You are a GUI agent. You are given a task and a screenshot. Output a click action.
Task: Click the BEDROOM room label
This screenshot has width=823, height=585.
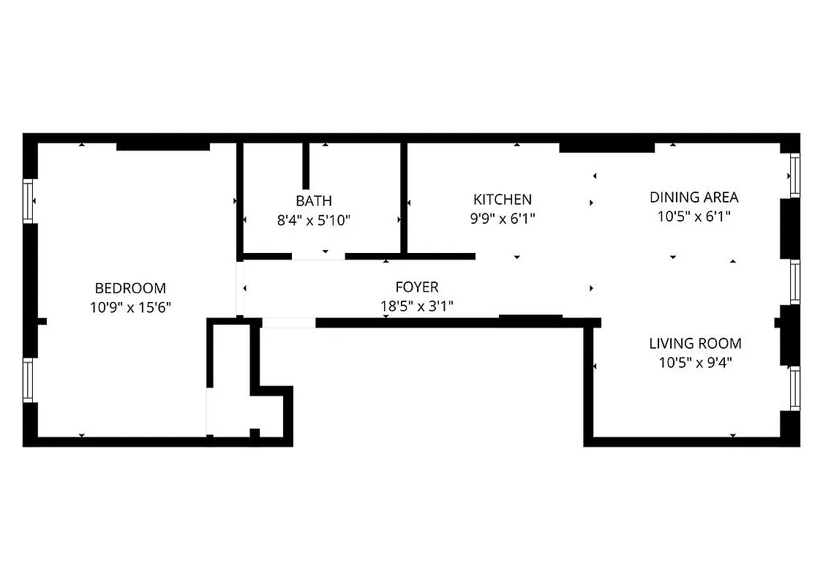130,288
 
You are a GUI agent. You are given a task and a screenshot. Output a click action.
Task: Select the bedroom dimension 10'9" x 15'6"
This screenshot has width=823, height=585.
130,307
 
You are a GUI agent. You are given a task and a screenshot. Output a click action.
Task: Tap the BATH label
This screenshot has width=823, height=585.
314,200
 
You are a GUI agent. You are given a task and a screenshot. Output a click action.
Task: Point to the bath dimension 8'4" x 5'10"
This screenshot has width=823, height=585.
314,219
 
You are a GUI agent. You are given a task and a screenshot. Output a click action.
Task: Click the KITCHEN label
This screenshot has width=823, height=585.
503,199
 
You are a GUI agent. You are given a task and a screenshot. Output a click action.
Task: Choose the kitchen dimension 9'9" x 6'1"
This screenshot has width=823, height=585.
503,218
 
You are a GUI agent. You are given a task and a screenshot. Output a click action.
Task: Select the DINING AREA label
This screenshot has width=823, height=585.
694,197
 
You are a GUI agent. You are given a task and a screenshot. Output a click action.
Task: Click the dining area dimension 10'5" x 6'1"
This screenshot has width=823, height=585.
694,216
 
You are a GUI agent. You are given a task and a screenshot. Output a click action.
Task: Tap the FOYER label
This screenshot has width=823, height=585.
417,287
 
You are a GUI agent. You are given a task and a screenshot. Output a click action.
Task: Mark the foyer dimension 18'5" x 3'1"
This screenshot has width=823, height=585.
417,306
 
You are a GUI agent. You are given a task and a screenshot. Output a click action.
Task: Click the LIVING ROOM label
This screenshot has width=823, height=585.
695,343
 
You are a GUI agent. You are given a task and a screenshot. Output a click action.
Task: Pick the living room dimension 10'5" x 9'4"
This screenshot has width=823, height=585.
695,362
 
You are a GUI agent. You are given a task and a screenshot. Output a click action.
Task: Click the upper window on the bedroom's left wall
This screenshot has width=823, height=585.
29,200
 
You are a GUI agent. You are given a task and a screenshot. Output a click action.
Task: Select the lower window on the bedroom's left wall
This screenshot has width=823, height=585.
29,380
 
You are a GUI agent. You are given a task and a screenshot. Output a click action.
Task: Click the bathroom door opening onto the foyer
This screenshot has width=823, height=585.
318,257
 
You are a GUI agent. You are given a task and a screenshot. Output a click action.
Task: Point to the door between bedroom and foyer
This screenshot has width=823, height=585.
240,288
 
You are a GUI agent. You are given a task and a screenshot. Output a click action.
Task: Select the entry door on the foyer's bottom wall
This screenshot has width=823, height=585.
288,322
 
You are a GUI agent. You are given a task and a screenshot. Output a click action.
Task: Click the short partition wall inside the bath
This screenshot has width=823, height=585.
306,166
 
